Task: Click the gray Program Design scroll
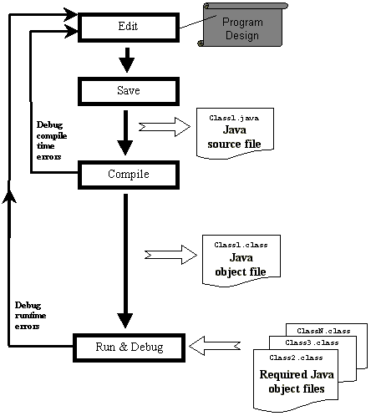[242, 25]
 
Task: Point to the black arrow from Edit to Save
[127, 60]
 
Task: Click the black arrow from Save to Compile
[125, 133]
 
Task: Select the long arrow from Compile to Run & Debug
[125, 261]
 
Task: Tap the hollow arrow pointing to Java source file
[165, 127]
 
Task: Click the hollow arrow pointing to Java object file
[170, 255]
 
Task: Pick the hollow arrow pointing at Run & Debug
[215, 346]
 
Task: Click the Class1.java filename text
[234, 118]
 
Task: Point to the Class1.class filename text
[241, 245]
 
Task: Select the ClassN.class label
[323, 331]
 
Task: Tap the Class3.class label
[312, 342]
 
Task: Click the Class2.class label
[296, 358]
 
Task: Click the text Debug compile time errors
[52, 140]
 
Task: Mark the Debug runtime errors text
[30, 316]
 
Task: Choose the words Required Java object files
[297, 382]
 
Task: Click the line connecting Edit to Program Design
[198, 22]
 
